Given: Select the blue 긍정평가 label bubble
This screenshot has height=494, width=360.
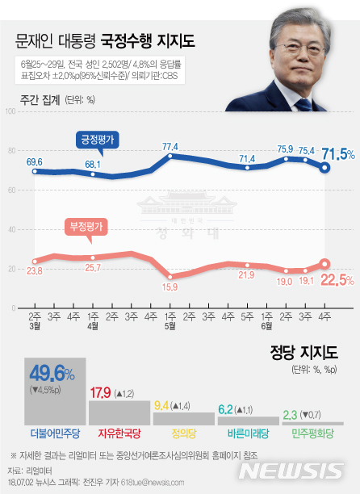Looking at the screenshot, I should tap(98, 139).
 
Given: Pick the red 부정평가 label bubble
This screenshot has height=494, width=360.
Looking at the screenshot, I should tap(84, 228).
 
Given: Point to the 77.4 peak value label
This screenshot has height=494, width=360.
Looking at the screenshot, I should tap(170, 147).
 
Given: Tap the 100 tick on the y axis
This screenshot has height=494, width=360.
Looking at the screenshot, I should tap(13, 111).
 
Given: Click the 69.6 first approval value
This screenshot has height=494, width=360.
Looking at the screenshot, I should tap(35, 162).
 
